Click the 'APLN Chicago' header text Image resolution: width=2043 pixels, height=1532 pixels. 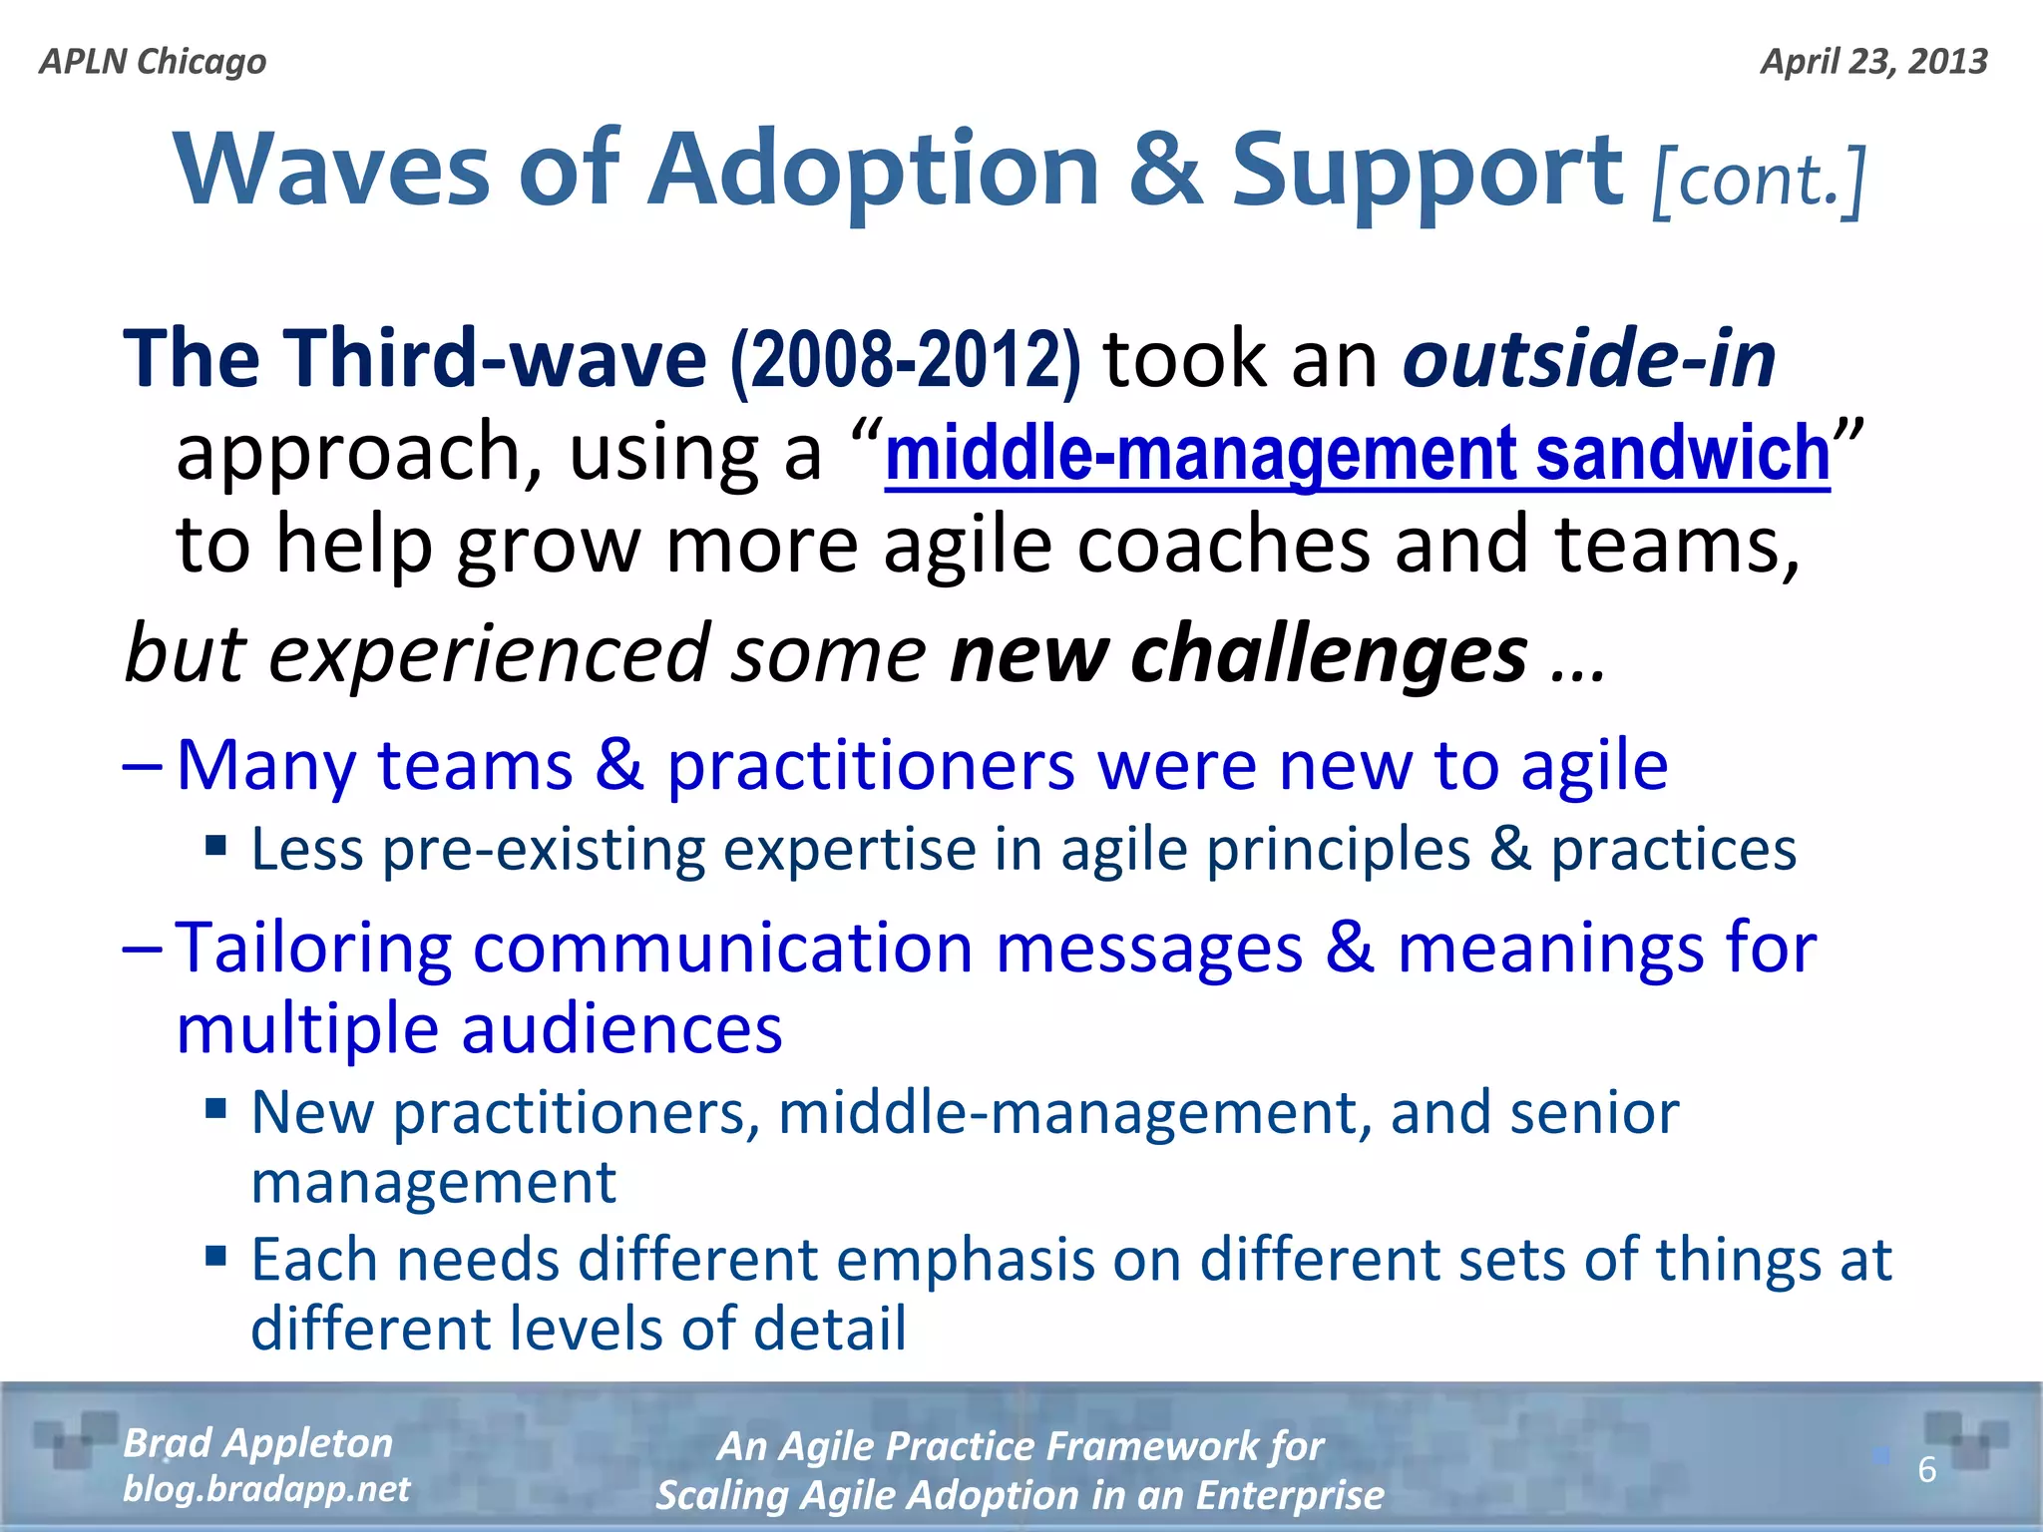(153, 62)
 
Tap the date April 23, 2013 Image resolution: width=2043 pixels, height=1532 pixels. (1873, 62)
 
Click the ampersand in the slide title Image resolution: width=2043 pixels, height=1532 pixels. (1164, 170)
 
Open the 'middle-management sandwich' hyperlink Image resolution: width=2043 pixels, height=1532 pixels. (1357, 454)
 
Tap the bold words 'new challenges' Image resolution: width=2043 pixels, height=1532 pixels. (1238, 654)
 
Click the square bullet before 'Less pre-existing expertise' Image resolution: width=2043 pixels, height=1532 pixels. (216, 847)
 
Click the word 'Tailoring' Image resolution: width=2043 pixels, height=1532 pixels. (312, 948)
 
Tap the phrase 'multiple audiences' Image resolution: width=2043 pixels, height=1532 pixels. (479, 1029)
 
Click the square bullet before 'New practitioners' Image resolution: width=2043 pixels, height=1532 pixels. (216, 1108)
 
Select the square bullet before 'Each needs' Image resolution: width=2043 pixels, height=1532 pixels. (216, 1255)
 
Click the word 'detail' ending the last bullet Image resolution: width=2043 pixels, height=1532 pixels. (829, 1329)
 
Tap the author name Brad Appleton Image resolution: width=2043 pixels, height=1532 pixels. (257, 1443)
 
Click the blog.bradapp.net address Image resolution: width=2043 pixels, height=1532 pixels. (265, 1489)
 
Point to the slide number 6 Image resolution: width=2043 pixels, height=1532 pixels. (1926, 1469)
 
